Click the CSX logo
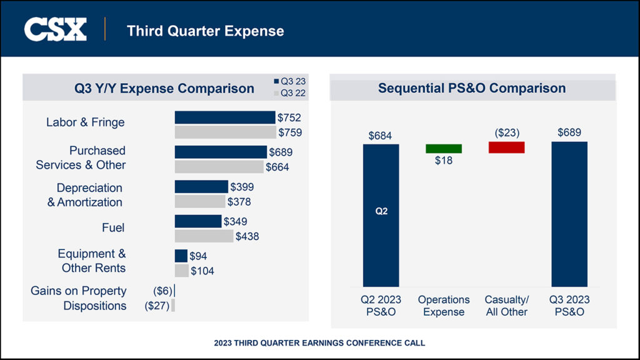point(55,29)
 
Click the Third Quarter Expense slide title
point(205,31)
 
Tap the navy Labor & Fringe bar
point(224,117)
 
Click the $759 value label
point(290,132)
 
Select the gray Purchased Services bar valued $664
point(219,167)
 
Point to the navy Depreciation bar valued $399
point(201,187)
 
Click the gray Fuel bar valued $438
point(204,236)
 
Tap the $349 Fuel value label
point(236,221)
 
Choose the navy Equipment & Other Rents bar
point(181,256)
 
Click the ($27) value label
point(157,306)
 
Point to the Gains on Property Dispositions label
point(79,298)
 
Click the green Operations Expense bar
point(444,149)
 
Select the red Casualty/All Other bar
point(506,147)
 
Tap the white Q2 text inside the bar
point(381,211)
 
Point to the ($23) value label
point(507,132)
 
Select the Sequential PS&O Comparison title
point(472,88)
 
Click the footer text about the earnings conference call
point(319,343)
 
